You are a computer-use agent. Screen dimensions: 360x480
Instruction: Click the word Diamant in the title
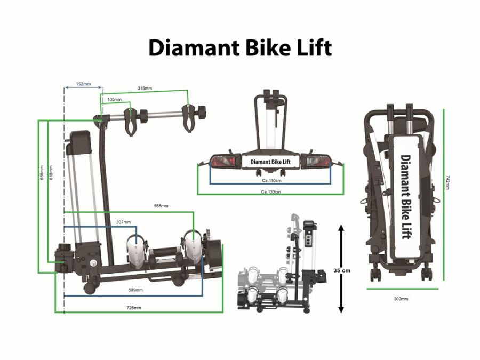(193, 48)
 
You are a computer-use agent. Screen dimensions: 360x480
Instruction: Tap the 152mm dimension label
(83, 84)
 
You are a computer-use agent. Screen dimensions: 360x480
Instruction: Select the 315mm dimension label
(145, 88)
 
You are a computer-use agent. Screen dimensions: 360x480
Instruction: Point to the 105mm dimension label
(114, 99)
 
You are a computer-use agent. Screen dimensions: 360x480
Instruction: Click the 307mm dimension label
(123, 222)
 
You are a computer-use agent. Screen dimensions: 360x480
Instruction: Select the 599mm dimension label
(135, 290)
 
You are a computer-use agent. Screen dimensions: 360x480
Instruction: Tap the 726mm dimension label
(133, 308)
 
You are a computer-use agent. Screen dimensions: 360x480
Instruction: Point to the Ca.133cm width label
(271, 192)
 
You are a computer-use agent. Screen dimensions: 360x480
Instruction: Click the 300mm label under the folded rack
(401, 299)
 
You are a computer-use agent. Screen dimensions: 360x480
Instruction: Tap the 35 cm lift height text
(342, 270)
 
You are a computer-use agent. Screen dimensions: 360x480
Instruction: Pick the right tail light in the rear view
(318, 161)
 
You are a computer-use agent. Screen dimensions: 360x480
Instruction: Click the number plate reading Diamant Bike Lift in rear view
(270, 162)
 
